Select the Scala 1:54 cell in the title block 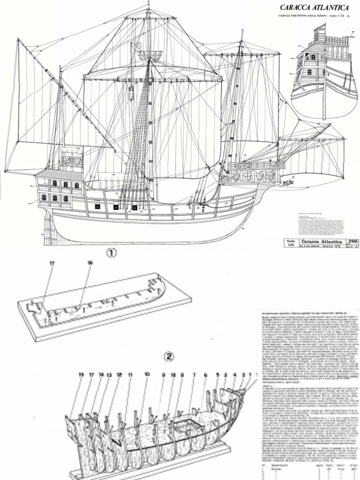tap(291, 243)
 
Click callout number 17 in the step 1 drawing tap(52, 263)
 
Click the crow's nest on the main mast tap(150, 55)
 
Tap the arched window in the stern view tap(313, 57)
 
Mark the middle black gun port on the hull tap(116, 206)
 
